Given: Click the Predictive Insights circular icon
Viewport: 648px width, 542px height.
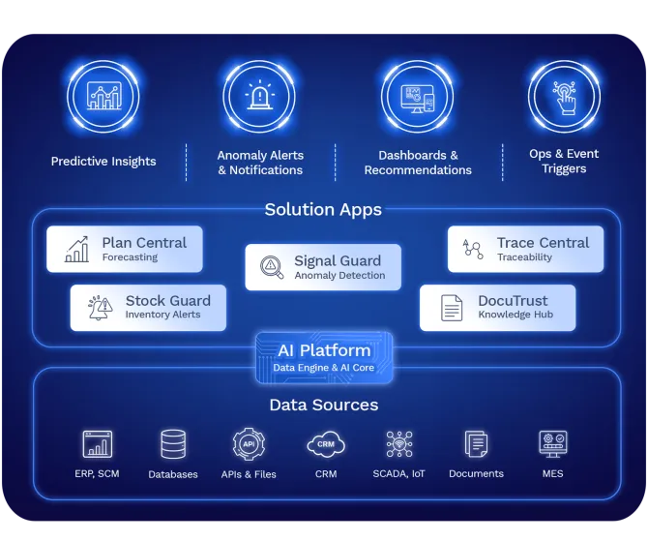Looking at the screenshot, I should click(x=103, y=96).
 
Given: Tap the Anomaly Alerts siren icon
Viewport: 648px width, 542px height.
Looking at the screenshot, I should click(x=259, y=96).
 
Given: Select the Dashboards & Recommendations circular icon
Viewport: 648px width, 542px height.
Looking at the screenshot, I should click(x=417, y=96).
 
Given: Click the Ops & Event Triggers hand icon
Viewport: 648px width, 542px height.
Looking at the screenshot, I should click(x=564, y=96).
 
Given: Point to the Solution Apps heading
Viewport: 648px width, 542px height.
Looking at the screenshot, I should click(x=323, y=209).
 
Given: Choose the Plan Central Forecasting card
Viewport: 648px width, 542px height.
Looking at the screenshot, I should click(x=125, y=249).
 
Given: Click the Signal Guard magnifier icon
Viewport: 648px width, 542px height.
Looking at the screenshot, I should click(x=272, y=267).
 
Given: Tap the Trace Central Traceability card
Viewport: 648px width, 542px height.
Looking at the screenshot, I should click(x=525, y=249).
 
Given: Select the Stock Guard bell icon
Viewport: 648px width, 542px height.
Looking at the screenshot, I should click(x=100, y=308).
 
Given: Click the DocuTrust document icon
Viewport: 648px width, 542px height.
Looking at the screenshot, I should click(x=452, y=308).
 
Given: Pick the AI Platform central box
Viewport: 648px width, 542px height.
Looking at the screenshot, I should click(x=324, y=357).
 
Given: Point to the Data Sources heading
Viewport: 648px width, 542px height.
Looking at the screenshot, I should click(x=323, y=405).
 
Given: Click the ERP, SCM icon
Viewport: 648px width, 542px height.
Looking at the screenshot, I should click(x=97, y=444).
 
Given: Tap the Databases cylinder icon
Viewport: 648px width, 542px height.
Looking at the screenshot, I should click(x=173, y=444).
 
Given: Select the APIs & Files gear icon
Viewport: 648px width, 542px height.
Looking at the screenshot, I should click(x=249, y=444).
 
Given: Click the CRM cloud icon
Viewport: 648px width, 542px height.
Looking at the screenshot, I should click(x=325, y=444).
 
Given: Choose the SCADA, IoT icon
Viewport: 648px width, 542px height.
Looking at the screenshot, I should click(x=399, y=444).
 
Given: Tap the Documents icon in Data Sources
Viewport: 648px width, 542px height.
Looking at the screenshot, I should click(x=476, y=444).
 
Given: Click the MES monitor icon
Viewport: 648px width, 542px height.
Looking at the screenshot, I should click(x=552, y=444).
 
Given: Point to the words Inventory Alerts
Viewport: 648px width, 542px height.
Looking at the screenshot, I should click(x=162, y=315).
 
